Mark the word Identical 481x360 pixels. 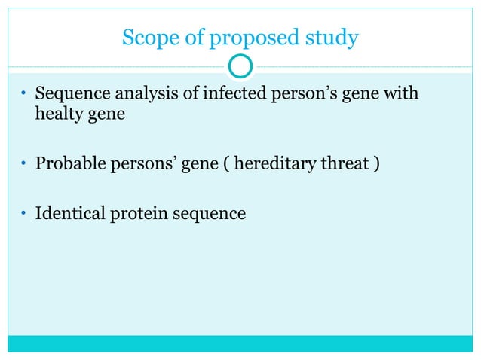point(67,213)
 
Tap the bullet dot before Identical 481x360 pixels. point(23,214)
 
